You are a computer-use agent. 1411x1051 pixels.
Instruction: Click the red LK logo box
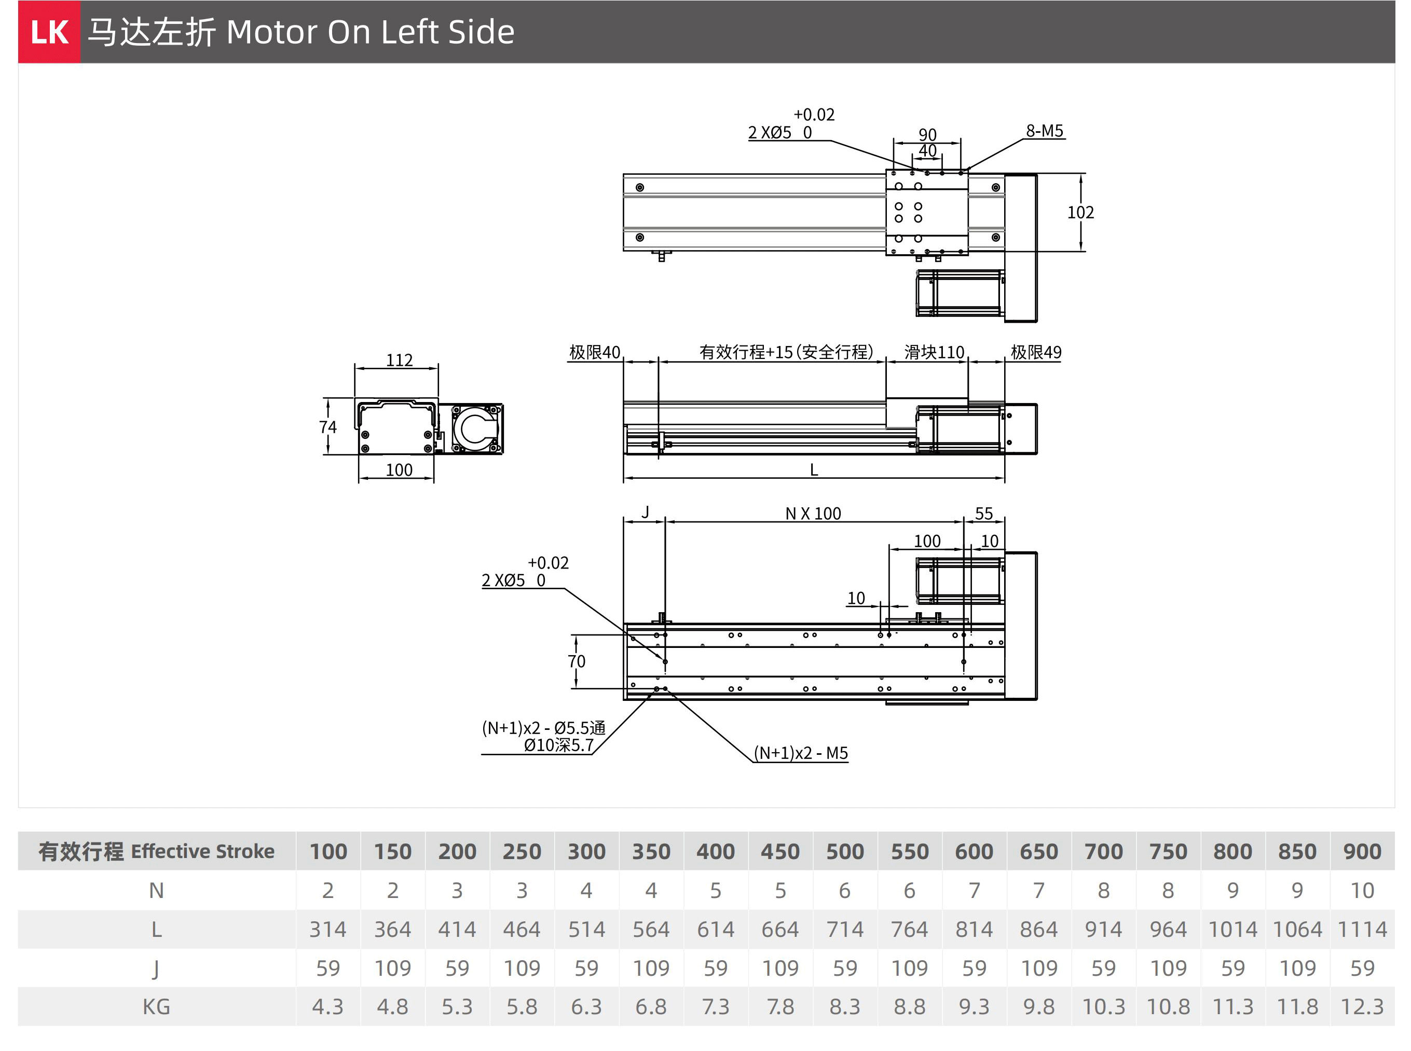(x=49, y=32)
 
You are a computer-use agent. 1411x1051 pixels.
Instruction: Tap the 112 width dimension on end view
(x=399, y=360)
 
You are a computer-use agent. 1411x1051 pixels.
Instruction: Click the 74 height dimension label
(x=328, y=426)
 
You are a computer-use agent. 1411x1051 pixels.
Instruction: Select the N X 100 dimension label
(x=813, y=514)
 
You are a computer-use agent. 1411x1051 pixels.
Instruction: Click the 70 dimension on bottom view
(x=577, y=661)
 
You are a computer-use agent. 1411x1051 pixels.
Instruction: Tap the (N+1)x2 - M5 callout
(x=801, y=753)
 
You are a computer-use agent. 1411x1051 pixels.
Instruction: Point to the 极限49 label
(x=1036, y=352)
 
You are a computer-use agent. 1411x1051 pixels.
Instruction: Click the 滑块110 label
(x=934, y=352)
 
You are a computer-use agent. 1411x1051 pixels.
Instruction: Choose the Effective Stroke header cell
(x=157, y=851)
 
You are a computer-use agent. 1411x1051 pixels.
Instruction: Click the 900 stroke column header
(x=1362, y=851)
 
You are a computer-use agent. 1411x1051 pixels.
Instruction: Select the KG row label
(x=157, y=1006)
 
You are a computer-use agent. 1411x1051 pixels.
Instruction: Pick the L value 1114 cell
(x=1362, y=930)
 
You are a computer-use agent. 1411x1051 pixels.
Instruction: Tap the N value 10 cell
(x=1362, y=890)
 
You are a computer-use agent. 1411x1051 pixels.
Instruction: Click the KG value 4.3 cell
(x=328, y=1006)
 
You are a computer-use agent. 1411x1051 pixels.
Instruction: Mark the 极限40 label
(x=594, y=352)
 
